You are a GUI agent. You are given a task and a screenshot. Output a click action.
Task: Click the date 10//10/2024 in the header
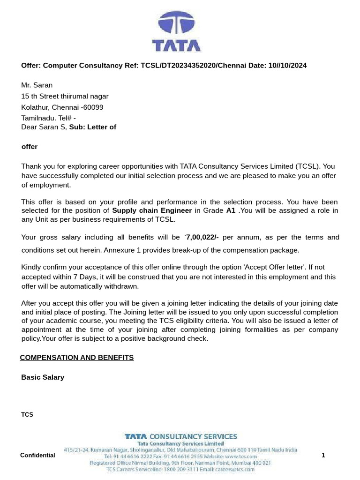point(288,65)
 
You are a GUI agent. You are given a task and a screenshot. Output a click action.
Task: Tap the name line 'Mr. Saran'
point(37,85)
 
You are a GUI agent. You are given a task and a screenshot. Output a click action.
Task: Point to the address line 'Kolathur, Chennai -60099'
point(62,107)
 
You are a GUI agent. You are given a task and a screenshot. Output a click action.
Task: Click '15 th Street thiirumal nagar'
point(65,96)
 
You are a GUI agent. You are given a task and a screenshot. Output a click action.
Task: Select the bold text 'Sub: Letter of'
point(93,127)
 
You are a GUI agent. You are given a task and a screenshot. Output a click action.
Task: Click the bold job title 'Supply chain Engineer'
point(152,210)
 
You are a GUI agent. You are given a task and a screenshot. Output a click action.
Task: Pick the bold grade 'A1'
point(231,210)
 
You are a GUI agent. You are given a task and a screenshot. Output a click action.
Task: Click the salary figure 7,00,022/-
point(202,237)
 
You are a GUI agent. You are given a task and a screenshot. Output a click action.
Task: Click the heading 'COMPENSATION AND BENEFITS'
point(77,358)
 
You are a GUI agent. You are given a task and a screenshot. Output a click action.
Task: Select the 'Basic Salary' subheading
point(43,377)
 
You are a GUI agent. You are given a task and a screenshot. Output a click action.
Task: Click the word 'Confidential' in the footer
point(37,455)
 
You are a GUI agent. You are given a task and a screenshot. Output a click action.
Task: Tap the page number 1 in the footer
point(323,455)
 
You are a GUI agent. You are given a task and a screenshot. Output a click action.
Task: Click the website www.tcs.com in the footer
point(241,456)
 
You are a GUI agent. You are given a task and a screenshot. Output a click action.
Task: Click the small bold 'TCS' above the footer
point(27,415)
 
